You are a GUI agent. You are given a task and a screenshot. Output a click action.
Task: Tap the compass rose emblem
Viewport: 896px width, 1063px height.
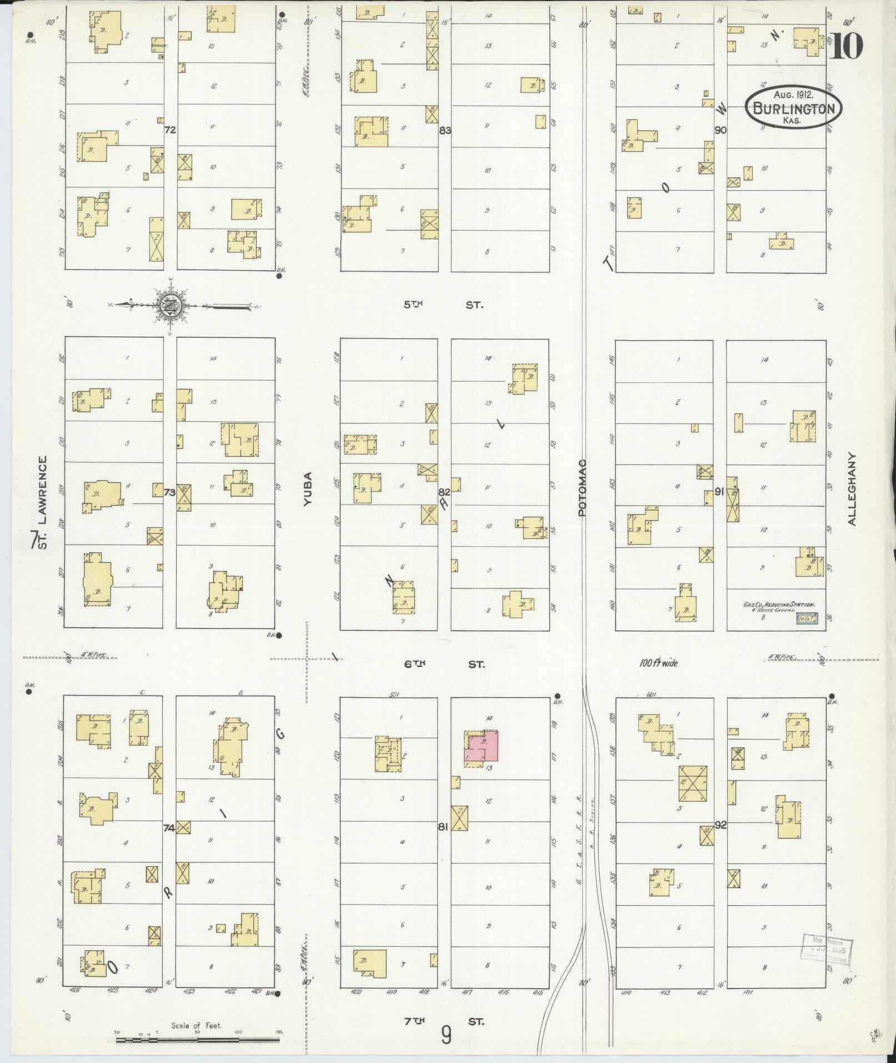click(x=169, y=305)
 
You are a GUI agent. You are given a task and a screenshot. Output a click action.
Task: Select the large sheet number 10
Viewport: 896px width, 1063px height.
click(x=847, y=46)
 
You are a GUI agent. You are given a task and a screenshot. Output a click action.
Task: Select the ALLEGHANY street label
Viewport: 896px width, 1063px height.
click(x=852, y=488)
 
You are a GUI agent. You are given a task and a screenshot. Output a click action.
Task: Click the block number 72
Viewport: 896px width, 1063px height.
click(x=170, y=130)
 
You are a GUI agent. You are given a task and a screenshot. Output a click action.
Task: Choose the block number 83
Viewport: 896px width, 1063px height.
click(x=445, y=131)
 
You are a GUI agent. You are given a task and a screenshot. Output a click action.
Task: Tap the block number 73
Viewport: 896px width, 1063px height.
click(x=170, y=492)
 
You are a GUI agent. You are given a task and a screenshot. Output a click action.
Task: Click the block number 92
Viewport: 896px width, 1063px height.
click(x=720, y=825)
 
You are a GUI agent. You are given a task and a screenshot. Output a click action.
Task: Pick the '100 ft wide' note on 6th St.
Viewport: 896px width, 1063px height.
click(x=658, y=663)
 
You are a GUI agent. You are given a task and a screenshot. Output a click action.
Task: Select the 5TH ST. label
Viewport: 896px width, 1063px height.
click(x=443, y=305)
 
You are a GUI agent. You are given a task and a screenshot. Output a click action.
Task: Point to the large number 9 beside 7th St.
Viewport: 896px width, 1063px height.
click(x=446, y=1034)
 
